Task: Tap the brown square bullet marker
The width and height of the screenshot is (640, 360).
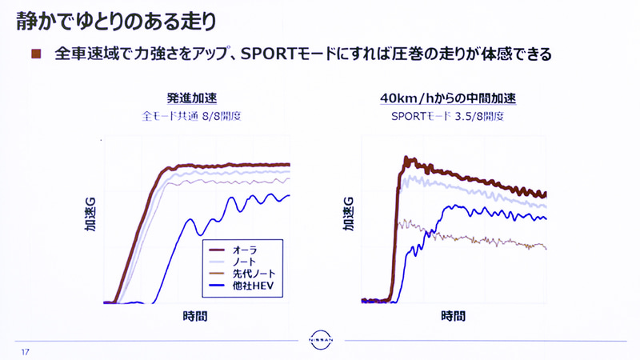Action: (x=35, y=54)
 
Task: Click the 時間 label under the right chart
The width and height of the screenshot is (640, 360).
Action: (x=453, y=316)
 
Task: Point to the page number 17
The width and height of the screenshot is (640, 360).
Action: (x=26, y=352)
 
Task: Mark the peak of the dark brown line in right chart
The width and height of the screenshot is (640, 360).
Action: (x=406, y=158)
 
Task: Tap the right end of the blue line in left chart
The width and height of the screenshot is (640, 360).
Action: (x=289, y=194)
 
